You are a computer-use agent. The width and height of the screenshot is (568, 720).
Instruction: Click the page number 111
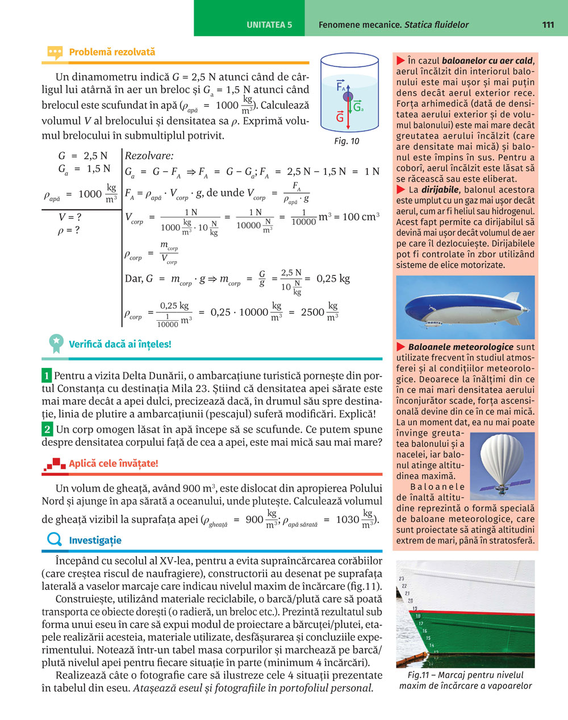pos(548,24)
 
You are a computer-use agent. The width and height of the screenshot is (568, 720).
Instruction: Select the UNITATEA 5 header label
pos(269,25)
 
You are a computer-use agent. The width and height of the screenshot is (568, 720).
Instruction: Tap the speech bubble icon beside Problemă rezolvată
pos(55,53)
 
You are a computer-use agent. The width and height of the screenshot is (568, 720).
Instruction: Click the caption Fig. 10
pos(346,141)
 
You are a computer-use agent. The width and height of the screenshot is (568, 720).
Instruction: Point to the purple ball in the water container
pos(348,97)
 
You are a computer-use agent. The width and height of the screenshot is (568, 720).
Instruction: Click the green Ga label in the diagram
pos(358,107)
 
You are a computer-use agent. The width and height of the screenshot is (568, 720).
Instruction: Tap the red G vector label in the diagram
pos(340,118)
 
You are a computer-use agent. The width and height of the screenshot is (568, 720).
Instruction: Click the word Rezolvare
pos(149,156)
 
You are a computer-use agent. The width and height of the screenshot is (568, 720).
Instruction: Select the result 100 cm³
pos(361,217)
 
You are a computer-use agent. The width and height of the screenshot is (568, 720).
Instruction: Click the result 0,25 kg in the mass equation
pos(333,278)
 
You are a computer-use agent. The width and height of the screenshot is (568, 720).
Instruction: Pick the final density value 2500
pos(312,312)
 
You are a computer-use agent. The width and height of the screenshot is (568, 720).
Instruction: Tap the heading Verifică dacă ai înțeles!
pos(120,344)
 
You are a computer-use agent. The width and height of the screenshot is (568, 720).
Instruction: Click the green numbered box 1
pos(47,376)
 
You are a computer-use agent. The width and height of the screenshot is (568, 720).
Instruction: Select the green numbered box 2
pos(47,429)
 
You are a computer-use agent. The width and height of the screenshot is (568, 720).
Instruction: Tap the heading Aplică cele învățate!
pos(114,463)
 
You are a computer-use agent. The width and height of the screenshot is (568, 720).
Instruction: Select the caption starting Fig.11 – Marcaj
pos(465,680)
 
